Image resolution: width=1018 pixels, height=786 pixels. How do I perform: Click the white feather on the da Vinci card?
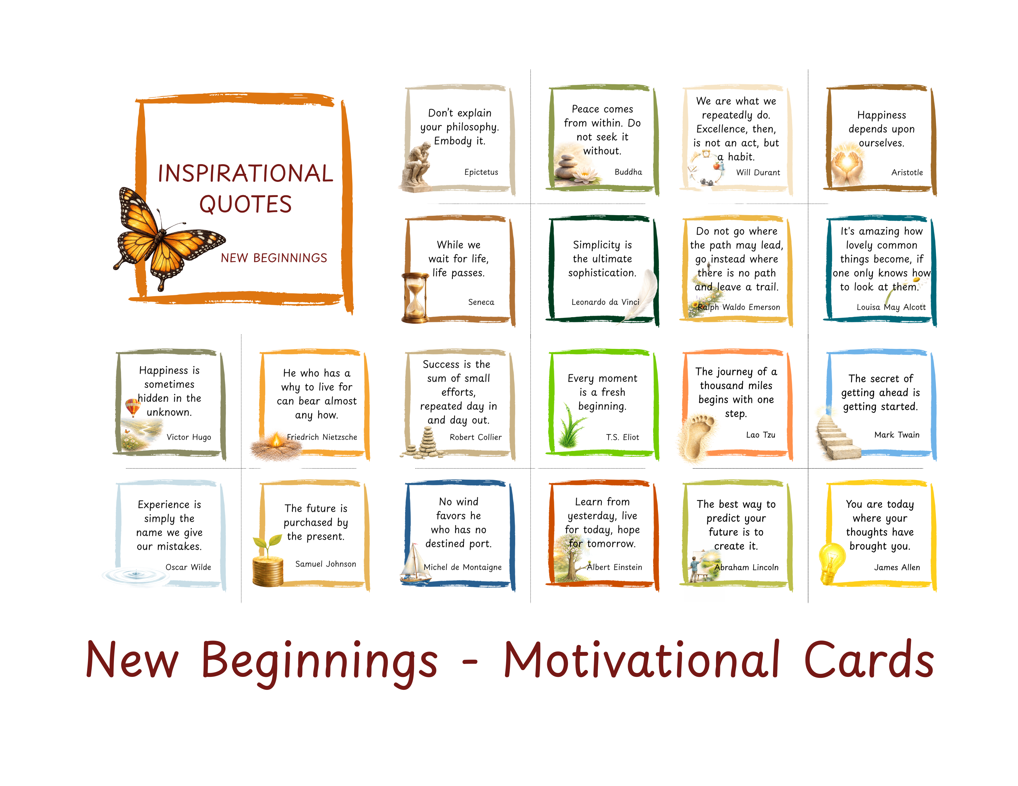pyautogui.click(x=643, y=293)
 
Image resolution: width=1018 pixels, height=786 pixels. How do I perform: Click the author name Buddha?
pyautogui.click(x=628, y=172)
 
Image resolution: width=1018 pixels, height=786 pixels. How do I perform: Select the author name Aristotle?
pyautogui.click(x=907, y=172)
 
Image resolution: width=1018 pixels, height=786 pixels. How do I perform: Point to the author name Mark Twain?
pyautogui.click(x=896, y=434)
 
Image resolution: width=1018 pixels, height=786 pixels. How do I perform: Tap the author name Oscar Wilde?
pyautogui.click(x=188, y=567)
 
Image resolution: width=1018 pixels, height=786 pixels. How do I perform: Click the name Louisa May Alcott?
pyautogui.click(x=891, y=307)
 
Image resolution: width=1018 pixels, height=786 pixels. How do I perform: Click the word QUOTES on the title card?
pyautogui.click(x=245, y=204)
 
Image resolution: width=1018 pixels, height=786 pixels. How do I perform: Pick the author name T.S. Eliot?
pyautogui.click(x=622, y=437)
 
